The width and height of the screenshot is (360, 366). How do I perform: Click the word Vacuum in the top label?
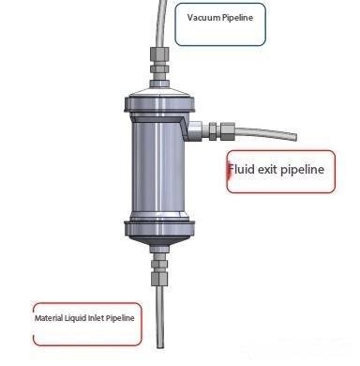[203, 17]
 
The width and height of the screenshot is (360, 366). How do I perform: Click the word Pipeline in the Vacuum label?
[237, 17]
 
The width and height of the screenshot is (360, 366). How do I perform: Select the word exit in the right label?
[267, 169]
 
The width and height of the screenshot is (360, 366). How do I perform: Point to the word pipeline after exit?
[303, 170]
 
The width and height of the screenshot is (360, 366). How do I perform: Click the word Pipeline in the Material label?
[120, 318]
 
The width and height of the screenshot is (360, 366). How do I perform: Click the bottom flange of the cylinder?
[159, 228]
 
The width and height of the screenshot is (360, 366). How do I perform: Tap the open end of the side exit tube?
[294, 137]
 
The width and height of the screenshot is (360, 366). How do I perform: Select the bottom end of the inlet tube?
[159, 346]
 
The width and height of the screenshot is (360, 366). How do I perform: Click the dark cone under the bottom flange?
[159, 241]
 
